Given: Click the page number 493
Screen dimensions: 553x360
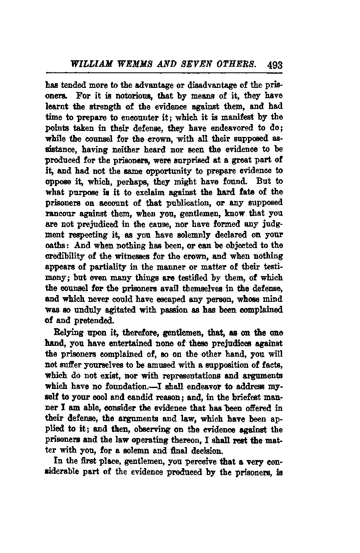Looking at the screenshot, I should pos(274,65).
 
